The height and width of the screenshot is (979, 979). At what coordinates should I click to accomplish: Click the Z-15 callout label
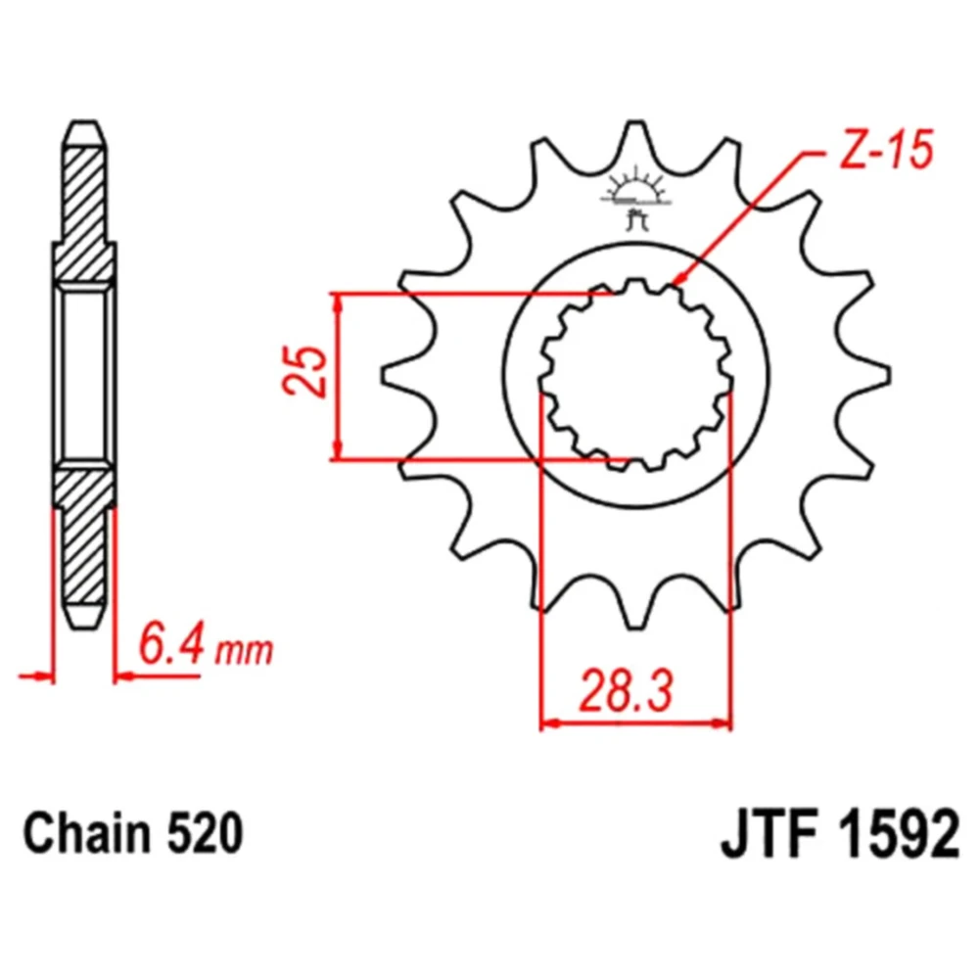(887, 151)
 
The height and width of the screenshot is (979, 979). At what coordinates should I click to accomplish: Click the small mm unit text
(244, 651)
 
